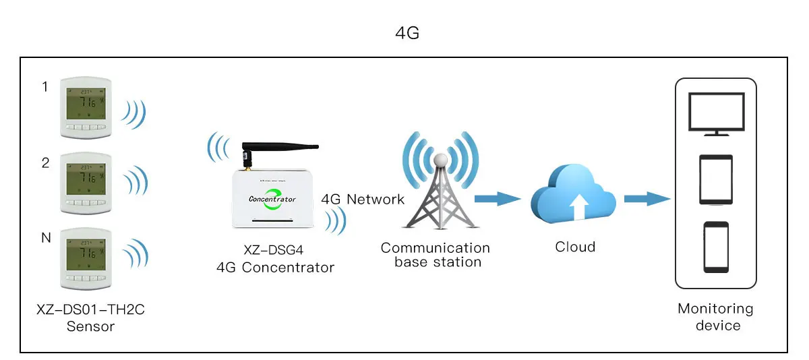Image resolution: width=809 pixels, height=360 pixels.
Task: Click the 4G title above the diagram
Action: (407, 33)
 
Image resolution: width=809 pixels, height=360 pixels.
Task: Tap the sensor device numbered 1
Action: (85, 107)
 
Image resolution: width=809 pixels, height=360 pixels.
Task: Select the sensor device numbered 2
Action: (85, 183)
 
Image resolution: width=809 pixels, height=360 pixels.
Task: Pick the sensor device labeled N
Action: (85, 258)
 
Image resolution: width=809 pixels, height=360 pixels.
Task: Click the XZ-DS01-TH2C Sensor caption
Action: (90, 318)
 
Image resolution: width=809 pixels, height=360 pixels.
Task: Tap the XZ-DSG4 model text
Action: (274, 250)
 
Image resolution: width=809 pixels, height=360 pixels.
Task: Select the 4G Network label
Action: (363, 199)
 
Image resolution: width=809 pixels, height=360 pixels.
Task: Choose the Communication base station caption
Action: (435, 255)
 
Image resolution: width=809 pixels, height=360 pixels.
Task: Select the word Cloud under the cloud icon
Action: (575, 247)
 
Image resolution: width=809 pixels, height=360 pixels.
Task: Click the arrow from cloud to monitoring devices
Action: (647, 198)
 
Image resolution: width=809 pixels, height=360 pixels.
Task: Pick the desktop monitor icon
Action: (716, 114)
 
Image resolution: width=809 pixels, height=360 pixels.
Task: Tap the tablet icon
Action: (716, 179)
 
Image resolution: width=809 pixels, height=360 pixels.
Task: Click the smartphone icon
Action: (716, 246)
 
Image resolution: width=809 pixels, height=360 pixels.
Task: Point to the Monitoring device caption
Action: (715, 317)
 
